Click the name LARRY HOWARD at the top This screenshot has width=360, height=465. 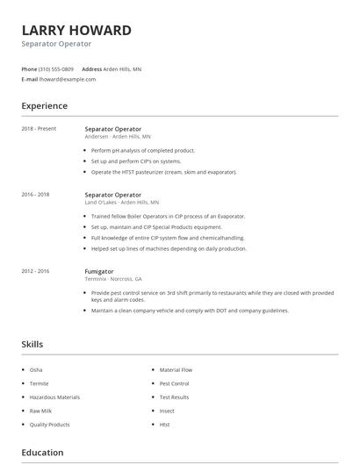tap(76, 31)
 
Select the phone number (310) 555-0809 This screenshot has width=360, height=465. tap(56, 68)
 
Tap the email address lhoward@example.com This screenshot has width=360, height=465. tap(68, 79)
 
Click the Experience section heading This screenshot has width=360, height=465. tap(44, 106)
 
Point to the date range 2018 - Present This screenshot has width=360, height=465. tap(39, 129)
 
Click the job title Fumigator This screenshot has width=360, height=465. tap(99, 271)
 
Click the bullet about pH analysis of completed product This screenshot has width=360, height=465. tap(143, 150)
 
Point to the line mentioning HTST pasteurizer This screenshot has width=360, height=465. tap(163, 172)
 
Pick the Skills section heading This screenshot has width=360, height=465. tap(32, 345)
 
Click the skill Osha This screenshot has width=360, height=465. tap(36, 370)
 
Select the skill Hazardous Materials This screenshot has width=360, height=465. tap(54, 397)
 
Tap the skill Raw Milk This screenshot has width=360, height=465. tap(41, 411)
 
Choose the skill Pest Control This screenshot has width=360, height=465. tap(174, 383)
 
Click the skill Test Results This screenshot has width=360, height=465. tap(174, 397)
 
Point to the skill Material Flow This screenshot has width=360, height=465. tap(176, 370)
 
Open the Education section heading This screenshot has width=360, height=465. tap(42, 453)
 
